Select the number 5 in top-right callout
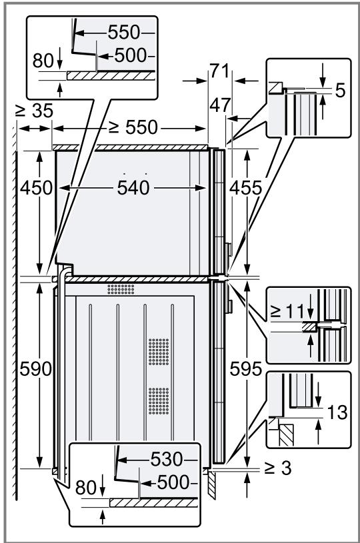[340, 90]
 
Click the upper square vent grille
[159, 348]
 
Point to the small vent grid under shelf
[121, 290]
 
